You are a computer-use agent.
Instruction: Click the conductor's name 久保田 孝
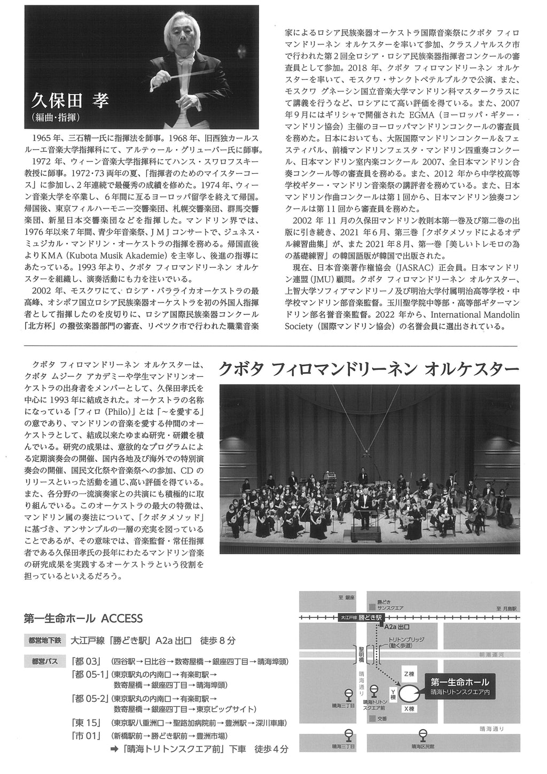point(70,100)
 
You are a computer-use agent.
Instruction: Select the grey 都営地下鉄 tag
point(44,640)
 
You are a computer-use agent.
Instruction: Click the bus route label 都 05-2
point(89,698)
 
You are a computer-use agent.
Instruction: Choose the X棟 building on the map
point(409,709)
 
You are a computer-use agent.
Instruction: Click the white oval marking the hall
point(409,691)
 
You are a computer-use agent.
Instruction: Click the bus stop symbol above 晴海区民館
point(423,734)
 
